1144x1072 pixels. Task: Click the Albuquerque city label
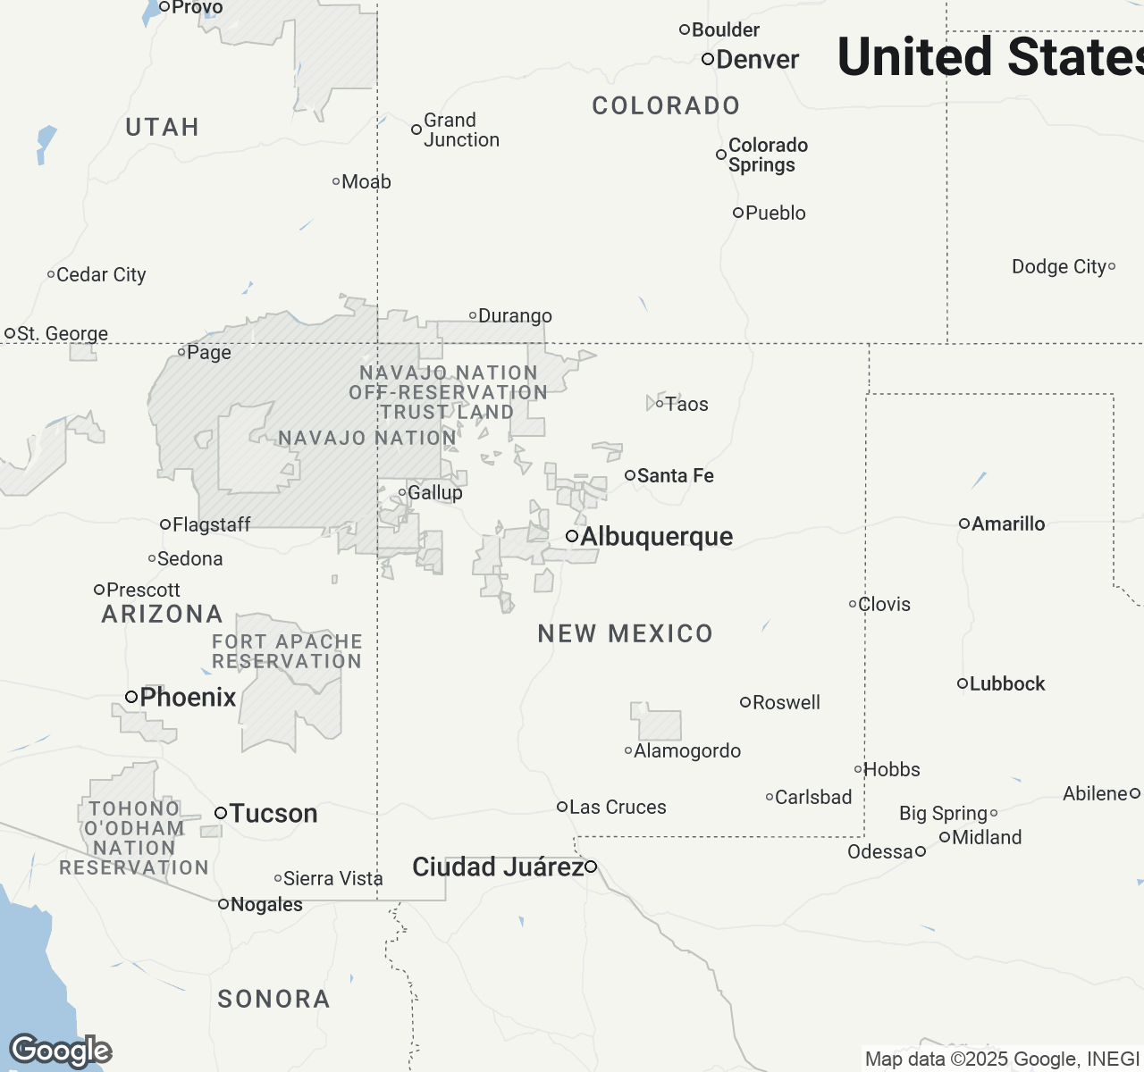(x=656, y=536)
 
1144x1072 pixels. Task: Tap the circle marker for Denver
(x=708, y=59)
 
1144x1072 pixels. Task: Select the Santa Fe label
(x=675, y=475)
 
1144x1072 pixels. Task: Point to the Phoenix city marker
(x=131, y=697)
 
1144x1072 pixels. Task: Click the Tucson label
(x=273, y=813)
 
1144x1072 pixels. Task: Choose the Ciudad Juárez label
(x=497, y=867)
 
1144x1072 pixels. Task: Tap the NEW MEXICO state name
(x=626, y=633)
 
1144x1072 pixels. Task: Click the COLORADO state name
(x=666, y=105)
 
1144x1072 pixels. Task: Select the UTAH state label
(x=162, y=127)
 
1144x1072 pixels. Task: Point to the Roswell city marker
(x=744, y=702)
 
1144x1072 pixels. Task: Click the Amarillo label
(x=1008, y=523)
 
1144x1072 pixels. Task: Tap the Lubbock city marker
(x=963, y=683)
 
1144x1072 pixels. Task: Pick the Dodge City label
(x=1058, y=266)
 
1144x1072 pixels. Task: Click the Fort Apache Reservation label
(x=287, y=651)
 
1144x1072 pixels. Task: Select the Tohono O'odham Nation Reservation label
(x=134, y=838)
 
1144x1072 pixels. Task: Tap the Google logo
(x=61, y=1051)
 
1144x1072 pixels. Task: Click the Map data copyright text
(x=1001, y=1059)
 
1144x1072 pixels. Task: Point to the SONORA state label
(x=273, y=999)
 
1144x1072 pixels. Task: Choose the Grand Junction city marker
(x=416, y=130)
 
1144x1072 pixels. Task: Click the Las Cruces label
(x=618, y=807)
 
